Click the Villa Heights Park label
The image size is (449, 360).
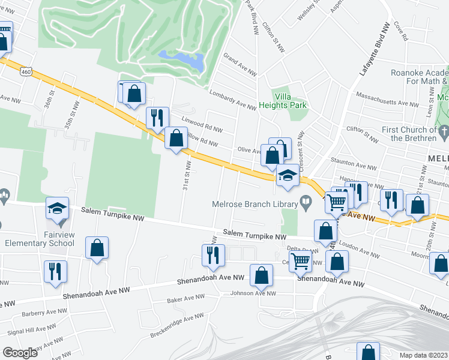(x=291, y=100)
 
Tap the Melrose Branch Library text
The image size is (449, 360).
(x=255, y=204)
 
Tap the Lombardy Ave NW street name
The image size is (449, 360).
(x=233, y=99)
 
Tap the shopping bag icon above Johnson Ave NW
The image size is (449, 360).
(x=262, y=275)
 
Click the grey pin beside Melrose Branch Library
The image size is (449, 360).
(x=306, y=203)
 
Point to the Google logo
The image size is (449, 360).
(x=19, y=352)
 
